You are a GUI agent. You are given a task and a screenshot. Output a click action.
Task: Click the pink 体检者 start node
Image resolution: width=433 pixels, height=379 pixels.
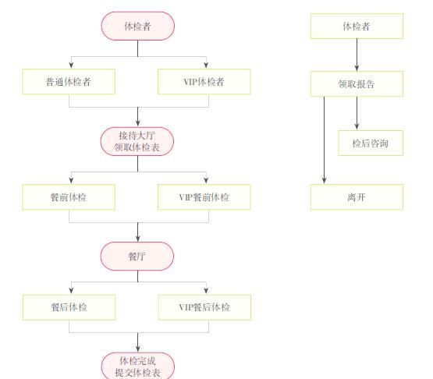(138, 26)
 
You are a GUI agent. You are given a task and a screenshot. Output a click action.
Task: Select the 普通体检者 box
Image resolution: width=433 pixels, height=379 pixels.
(69, 82)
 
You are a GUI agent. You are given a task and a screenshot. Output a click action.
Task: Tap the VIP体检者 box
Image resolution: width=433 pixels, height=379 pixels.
(204, 82)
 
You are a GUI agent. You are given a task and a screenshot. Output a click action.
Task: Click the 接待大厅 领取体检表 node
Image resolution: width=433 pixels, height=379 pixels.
(137, 141)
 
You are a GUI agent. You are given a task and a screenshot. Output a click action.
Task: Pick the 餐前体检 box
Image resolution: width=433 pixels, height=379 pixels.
(69, 197)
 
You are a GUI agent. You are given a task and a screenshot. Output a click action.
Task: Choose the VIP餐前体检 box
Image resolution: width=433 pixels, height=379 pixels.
(204, 197)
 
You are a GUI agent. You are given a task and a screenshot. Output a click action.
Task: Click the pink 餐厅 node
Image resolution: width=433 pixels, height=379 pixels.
(137, 256)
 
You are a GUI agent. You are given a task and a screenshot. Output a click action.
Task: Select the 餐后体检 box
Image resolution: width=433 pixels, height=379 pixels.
(69, 307)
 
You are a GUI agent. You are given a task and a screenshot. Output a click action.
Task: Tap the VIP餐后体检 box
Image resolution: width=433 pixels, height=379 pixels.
(204, 307)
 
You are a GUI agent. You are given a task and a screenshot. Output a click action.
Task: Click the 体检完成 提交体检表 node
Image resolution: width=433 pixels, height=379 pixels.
(138, 366)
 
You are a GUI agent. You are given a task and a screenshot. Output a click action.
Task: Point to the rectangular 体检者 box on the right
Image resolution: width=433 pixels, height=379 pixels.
(357, 26)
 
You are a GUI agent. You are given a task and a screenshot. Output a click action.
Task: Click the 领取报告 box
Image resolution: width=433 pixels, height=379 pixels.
(357, 84)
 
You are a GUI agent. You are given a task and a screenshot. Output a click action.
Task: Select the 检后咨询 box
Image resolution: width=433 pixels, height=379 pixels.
(371, 143)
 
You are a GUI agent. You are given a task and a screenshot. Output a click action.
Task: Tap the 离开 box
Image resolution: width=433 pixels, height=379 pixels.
(357, 197)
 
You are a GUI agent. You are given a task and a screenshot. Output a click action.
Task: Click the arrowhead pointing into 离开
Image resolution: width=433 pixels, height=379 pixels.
(325, 180)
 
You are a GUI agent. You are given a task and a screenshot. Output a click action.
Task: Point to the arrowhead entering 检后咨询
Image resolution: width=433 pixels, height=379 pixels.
(357, 126)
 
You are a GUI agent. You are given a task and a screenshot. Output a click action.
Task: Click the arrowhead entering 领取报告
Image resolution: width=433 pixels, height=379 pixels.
(357, 68)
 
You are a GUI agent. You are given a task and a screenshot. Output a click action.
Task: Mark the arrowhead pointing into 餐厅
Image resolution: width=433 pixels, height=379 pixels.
(138, 239)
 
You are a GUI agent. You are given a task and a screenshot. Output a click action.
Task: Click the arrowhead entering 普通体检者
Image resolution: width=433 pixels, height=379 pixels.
(71, 66)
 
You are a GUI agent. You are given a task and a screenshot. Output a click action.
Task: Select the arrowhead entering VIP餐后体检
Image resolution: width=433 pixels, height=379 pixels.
(206, 291)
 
